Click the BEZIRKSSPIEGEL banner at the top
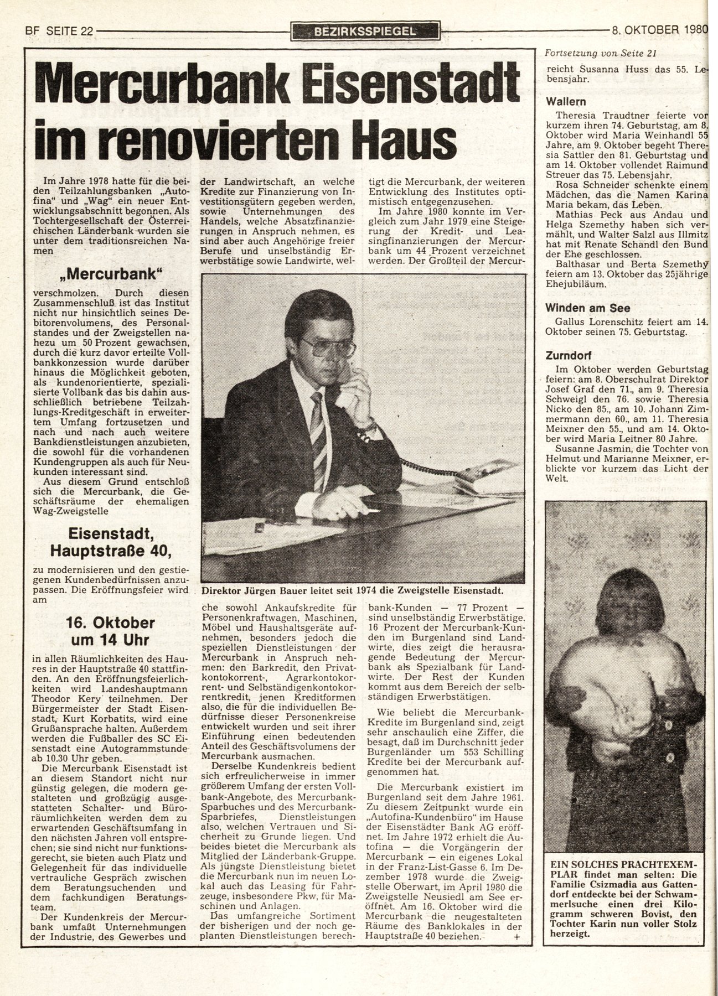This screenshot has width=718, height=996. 366,31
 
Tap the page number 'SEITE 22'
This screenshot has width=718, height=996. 66,32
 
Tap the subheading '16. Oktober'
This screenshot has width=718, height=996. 110,622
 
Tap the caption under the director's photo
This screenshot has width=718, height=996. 357,589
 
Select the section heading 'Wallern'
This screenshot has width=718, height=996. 566,102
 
